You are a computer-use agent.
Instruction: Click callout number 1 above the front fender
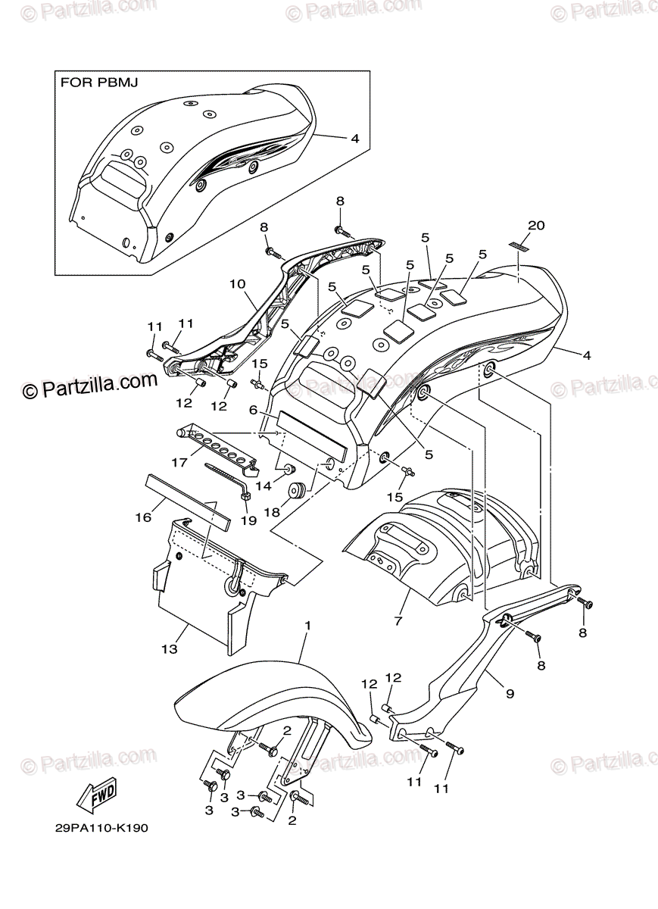coord(308,626)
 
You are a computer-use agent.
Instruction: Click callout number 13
coord(169,649)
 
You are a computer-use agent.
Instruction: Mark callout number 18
coord(271,512)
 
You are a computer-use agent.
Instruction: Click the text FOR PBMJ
coord(98,82)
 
